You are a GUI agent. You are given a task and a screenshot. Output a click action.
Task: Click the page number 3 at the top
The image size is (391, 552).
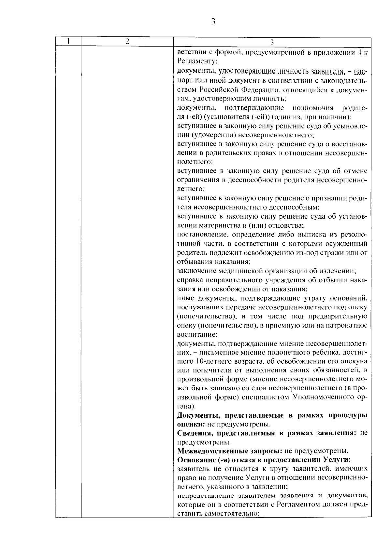coord(213,21)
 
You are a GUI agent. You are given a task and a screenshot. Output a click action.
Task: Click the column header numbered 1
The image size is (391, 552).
coord(68,41)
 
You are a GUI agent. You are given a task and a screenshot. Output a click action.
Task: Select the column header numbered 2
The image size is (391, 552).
coord(127,41)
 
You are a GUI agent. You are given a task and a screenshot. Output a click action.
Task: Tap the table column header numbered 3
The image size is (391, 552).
coord(272,42)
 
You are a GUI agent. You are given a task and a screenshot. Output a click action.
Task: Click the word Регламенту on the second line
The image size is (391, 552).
coord(195,61)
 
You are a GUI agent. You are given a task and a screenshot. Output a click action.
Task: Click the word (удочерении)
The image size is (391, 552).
coord(213,135)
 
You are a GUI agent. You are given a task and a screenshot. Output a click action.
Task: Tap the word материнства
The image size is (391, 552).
coord(221,225)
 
